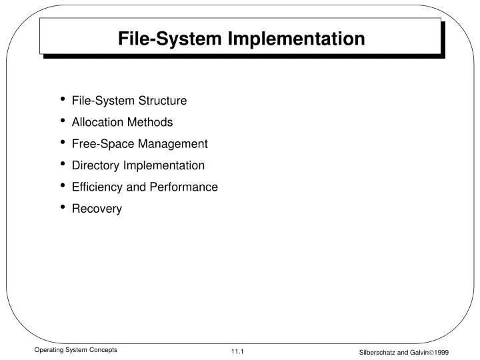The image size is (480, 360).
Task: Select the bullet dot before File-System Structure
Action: [x=63, y=99]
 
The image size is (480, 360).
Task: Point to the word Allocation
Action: [x=95, y=122]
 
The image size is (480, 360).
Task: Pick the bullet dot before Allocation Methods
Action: [x=63, y=121]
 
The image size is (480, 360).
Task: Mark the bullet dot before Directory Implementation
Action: [x=63, y=164]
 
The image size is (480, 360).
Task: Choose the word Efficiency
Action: [x=97, y=187]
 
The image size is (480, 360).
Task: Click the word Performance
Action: [x=183, y=187]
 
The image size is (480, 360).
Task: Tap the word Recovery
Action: [x=97, y=209]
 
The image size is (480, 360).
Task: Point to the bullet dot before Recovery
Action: [x=63, y=207]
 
